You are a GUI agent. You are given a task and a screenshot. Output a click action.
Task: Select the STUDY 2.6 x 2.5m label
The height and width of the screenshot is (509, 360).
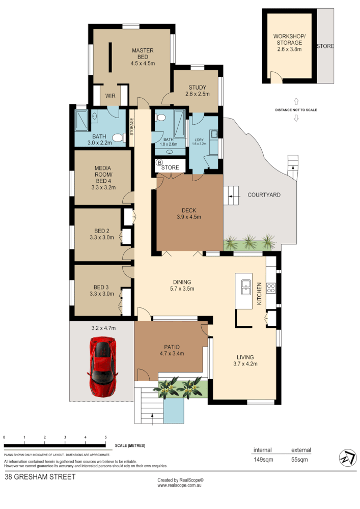coord(197,91)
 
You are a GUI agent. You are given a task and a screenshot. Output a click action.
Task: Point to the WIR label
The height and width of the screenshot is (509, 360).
coord(110,96)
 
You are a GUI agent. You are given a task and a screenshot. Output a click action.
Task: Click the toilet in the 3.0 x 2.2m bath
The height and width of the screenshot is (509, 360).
coord(118,136)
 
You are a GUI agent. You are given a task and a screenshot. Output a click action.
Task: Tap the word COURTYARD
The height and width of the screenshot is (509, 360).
coord(264,195)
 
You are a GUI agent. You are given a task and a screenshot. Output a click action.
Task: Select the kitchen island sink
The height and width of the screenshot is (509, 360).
coord(246,287)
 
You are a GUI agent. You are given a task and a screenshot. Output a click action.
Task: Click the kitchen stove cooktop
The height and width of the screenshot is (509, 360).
coord(271,289)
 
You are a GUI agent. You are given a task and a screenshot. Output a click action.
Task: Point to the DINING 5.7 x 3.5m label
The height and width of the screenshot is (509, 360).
coord(181,286)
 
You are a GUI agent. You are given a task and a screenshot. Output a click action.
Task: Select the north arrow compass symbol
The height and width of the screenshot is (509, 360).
coord(347,458)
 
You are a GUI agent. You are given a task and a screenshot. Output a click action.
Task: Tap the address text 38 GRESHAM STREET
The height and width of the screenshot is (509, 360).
coord(40,477)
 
